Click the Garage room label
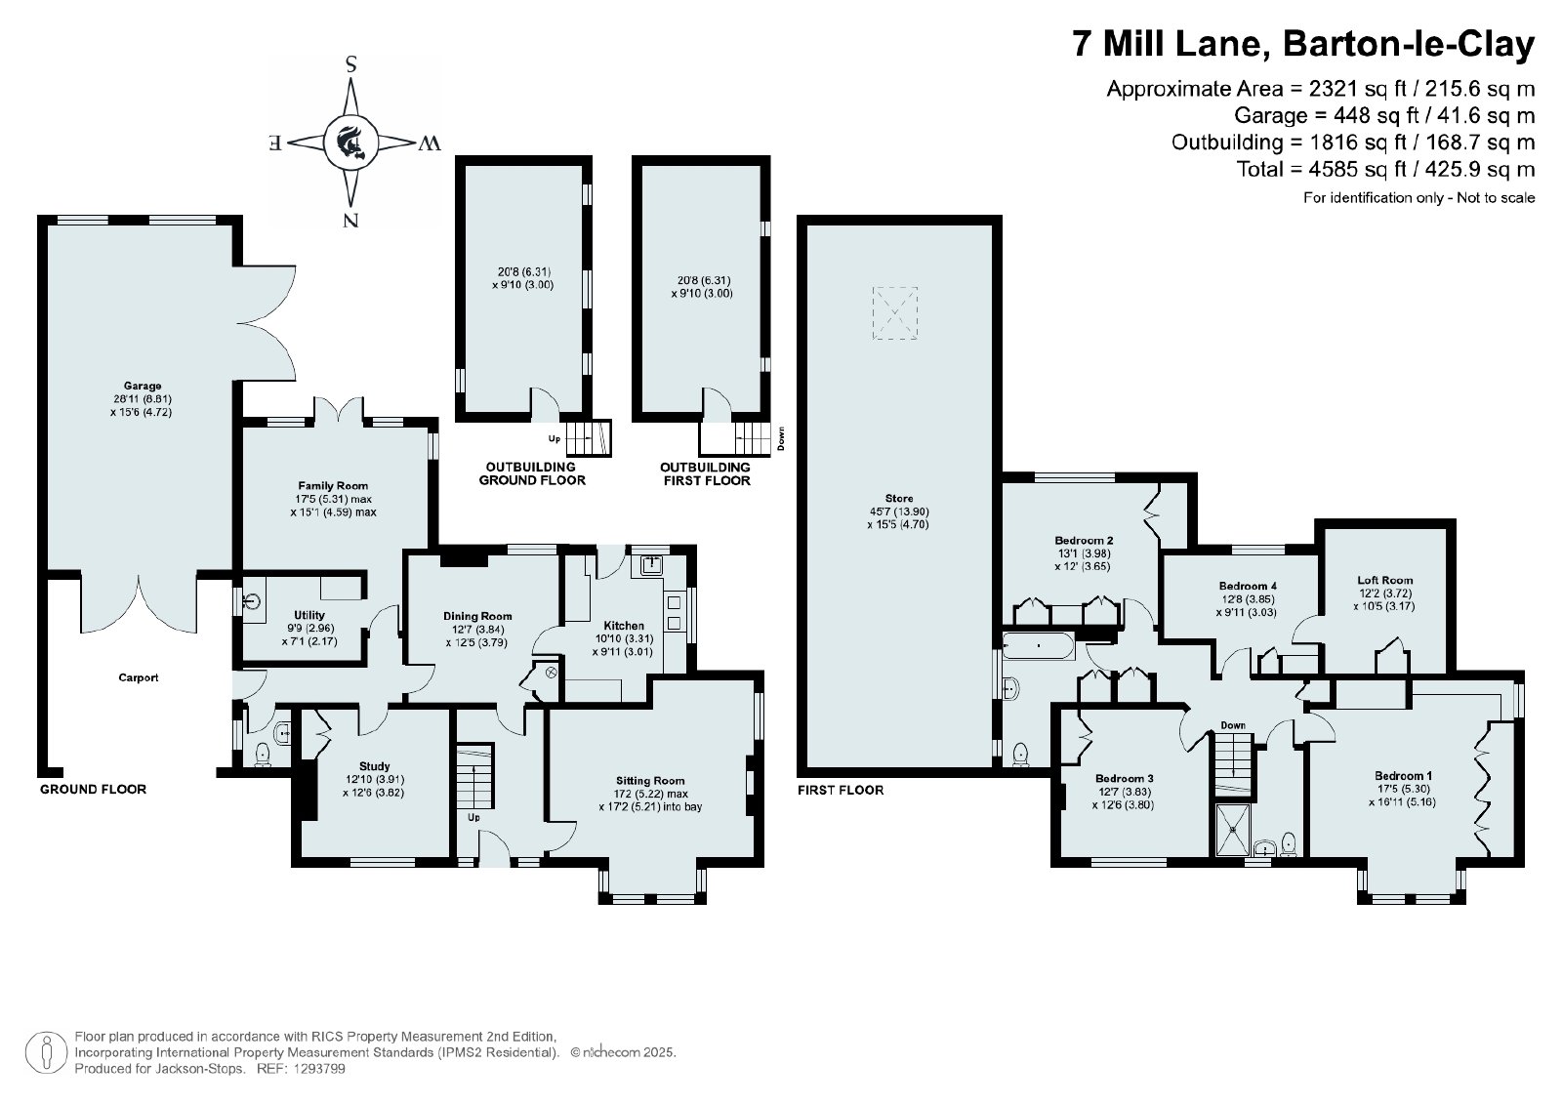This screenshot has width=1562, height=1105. [143, 386]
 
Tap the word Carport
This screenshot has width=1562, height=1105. [138, 677]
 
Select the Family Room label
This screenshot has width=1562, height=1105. [333, 486]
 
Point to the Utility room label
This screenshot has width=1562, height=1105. [308, 615]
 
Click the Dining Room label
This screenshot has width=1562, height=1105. [477, 616]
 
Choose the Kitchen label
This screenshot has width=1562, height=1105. [624, 626]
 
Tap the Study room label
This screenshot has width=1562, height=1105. [375, 766]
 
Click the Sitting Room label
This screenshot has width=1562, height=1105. [650, 781]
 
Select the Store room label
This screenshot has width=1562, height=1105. [899, 499]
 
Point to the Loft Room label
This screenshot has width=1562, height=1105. [1385, 580]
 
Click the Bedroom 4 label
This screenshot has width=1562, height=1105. [1249, 587]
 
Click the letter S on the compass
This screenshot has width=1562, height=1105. [351, 65]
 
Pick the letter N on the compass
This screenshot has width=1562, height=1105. [350, 221]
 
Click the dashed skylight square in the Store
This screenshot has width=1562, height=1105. [894, 313]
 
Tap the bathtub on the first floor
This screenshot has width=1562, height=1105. [1039, 646]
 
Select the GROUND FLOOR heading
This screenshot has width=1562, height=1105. [93, 789]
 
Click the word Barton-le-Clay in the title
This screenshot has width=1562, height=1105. [1409, 45]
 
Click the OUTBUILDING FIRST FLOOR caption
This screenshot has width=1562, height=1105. [706, 473]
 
